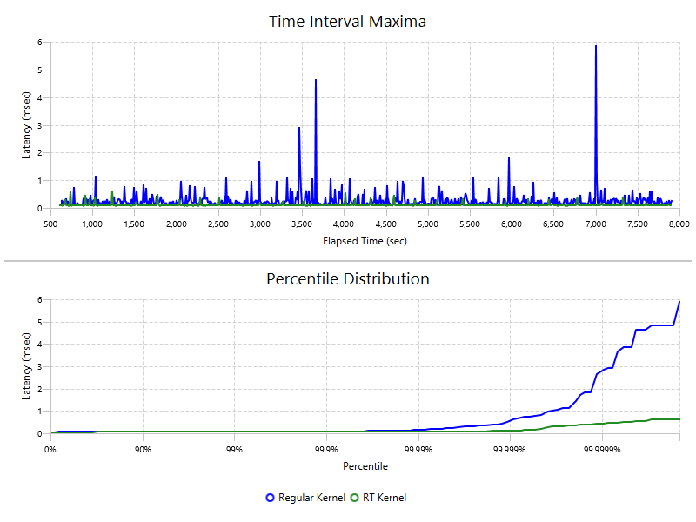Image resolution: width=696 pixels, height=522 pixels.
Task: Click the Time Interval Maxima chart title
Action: click(x=348, y=21)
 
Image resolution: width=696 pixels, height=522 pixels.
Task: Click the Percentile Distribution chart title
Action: click(x=348, y=279)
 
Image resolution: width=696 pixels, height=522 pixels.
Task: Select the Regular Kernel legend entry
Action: click(x=305, y=498)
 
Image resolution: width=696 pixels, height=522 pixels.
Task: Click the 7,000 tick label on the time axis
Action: click(x=595, y=224)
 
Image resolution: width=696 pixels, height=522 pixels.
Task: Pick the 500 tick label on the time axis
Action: click(x=50, y=224)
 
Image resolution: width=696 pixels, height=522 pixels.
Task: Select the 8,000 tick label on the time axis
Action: click(x=679, y=224)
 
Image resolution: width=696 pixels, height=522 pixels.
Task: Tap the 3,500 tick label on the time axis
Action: click(x=302, y=224)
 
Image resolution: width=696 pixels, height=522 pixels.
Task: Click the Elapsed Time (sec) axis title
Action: click(x=365, y=240)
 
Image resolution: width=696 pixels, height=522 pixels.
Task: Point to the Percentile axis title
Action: click(x=365, y=466)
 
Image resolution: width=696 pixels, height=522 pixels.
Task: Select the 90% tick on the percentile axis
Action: click(x=144, y=450)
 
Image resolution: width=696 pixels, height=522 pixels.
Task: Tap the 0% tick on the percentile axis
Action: click(x=50, y=450)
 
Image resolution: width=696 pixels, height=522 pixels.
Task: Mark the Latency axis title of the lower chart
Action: click(x=26, y=365)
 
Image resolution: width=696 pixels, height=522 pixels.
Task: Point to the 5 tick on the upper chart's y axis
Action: click(x=40, y=70)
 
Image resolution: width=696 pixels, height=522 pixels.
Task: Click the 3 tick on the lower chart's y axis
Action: click(x=40, y=366)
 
